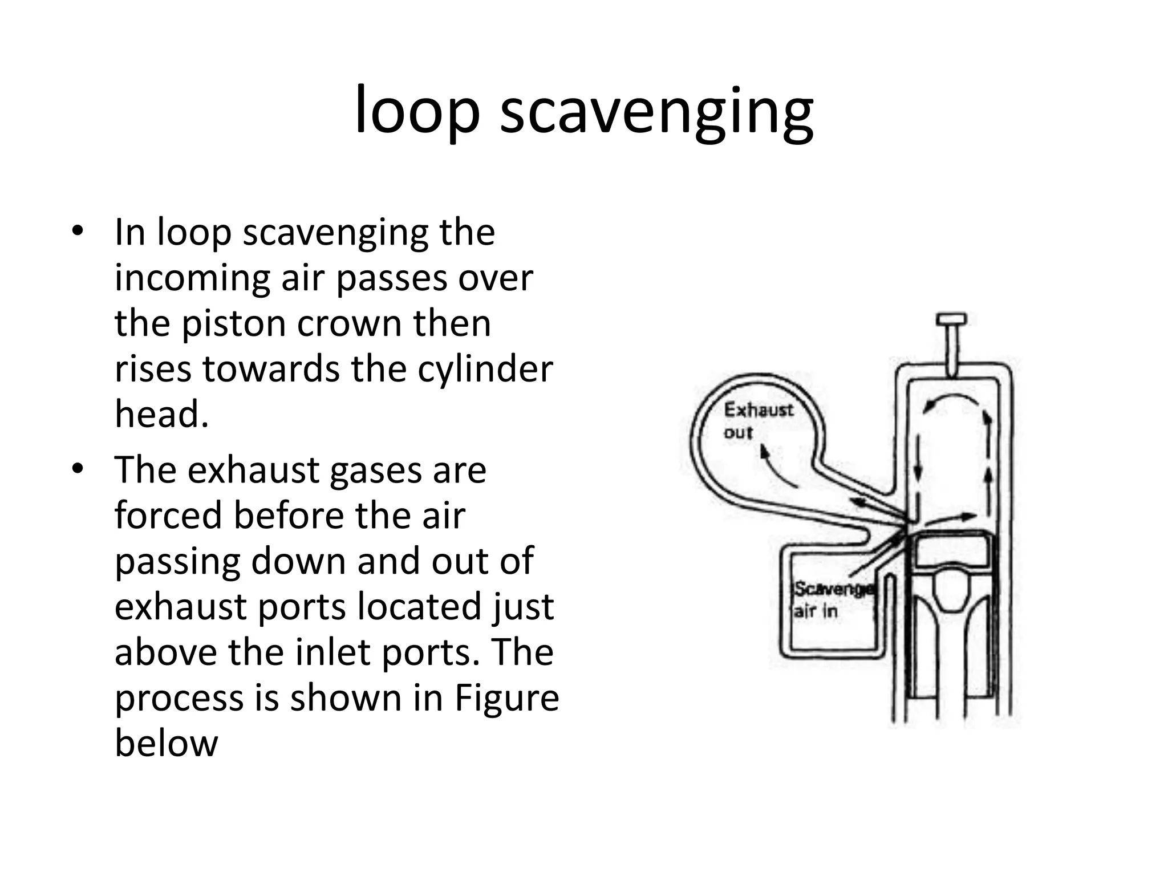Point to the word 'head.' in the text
[x=161, y=414]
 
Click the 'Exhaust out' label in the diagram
[x=757, y=421]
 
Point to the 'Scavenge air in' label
[x=833, y=599]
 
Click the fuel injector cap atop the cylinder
[x=952, y=319]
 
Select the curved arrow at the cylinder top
[x=954, y=400]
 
